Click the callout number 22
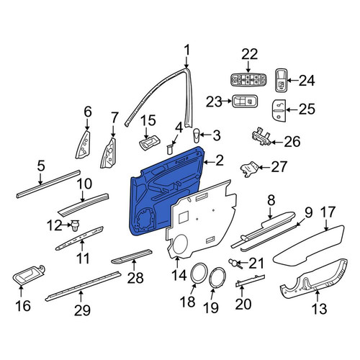pyautogui.click(x=250, y=54)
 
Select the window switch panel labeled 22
pyautogui.click(x=248, y=79)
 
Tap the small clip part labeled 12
pyautogui.click(x=76, y=225)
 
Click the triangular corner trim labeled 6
pyautogui.click(x=84, y=145)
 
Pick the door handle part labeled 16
pyautogui.click(x=28, y=275)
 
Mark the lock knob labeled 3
pyautogui.click(x=196, y=135)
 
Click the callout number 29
pyautogui.click(x=82, y=310)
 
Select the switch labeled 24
pyautogui.click(x=281, y=80)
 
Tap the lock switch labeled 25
pyautogui.click(x=279, y=110)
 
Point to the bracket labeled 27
pyautogui.click(x=250, y=169)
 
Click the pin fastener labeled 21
pyautogui.click(x=234, y=263)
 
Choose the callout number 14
pyautogui.click(x=179, y=275)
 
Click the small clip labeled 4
pyautogui.click(x=170, y=149)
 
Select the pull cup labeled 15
pyautogui.click(x=149, y=143)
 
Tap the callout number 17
pyautogui.click(x=328, y=212)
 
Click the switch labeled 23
pyautogui.click(x=245, y=102)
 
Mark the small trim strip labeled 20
pyautogui.click(x=250, y=281)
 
